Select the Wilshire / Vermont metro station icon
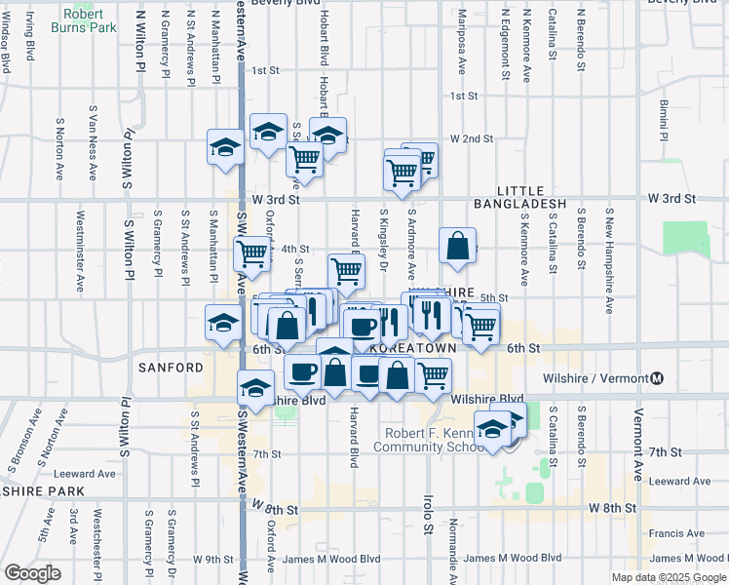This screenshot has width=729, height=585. (x=657, y=378)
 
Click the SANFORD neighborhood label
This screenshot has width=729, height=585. (x=171, y=368)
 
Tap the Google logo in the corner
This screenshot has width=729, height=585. (x=32, y=573)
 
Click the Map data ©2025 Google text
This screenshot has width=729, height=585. (x=668, y=577)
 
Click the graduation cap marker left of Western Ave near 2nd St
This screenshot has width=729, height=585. (x=225, y=148)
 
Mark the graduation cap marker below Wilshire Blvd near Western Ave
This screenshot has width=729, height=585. (x=255, y=390)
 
